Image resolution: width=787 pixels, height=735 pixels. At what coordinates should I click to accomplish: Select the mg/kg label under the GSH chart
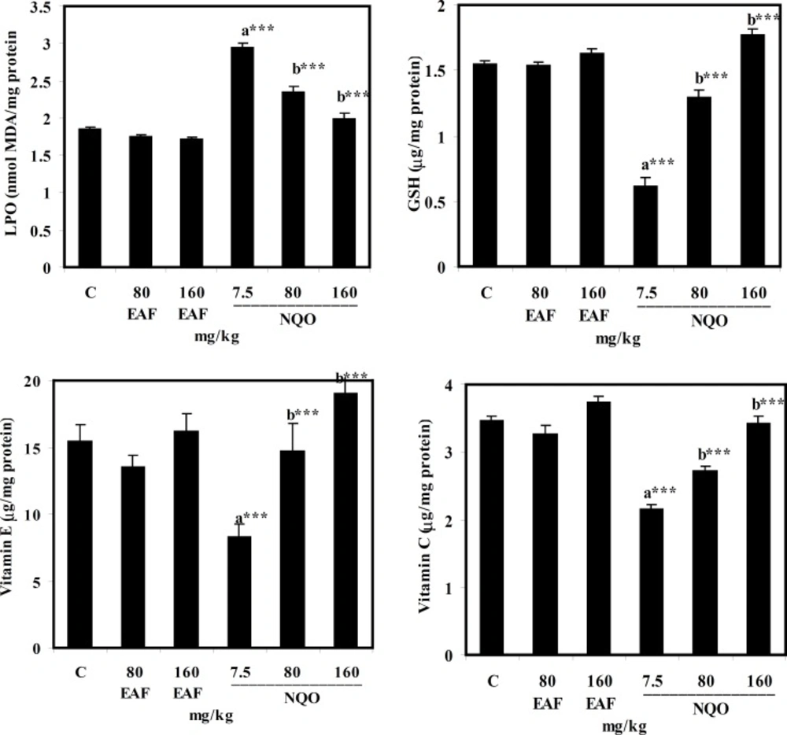(619, 338)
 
